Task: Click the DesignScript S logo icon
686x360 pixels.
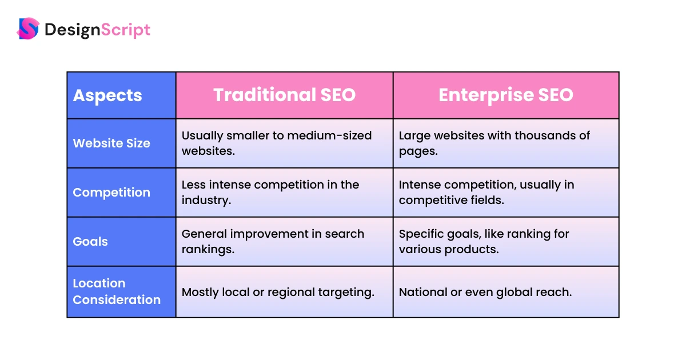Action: pyautogui.click(x=28, y=29)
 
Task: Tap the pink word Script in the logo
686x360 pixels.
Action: pyautogui.click(x=125, y=30)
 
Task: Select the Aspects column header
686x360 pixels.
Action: pyautogui.click(x=107, y=95)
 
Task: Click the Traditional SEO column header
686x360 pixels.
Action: pyautogui.click(x=285, y=95)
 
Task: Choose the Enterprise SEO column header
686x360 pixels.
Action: pyautogui.click(x=506, y=95)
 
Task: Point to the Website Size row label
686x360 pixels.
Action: pyautogui.click(x=111, y=143)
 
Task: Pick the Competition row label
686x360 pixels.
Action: pyautogui.click(x=111, y=193)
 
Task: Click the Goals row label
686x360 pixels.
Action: pyautogui.click(x=90, y=242)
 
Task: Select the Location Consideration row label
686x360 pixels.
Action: pyautogui.click(x=117, y=291)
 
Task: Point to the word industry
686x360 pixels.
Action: pyautogui.click(x=206, y=200)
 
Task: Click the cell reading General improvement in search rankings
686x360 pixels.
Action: pyautogui.click(x=273, y=242)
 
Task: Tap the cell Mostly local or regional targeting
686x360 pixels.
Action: pyautogui.click(x=278, y=293)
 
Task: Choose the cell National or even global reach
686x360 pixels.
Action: pyautogui.click(x=485, y=293)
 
